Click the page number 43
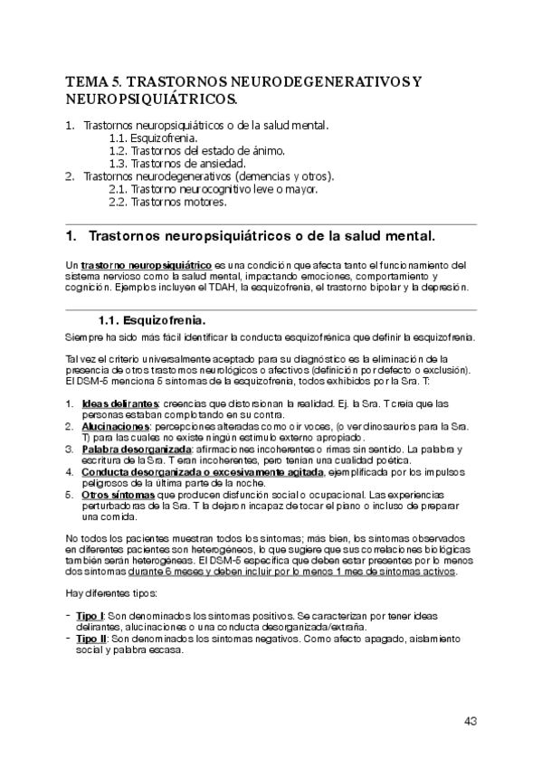(x=470, y=721)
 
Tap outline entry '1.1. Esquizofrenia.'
(x=152, y=137)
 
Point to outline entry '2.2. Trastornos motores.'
(x=166, y=203)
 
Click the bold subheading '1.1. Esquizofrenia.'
(x=151, y=320)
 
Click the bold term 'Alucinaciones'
(x=115, y=425)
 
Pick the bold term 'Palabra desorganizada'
(x=136, y=449)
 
